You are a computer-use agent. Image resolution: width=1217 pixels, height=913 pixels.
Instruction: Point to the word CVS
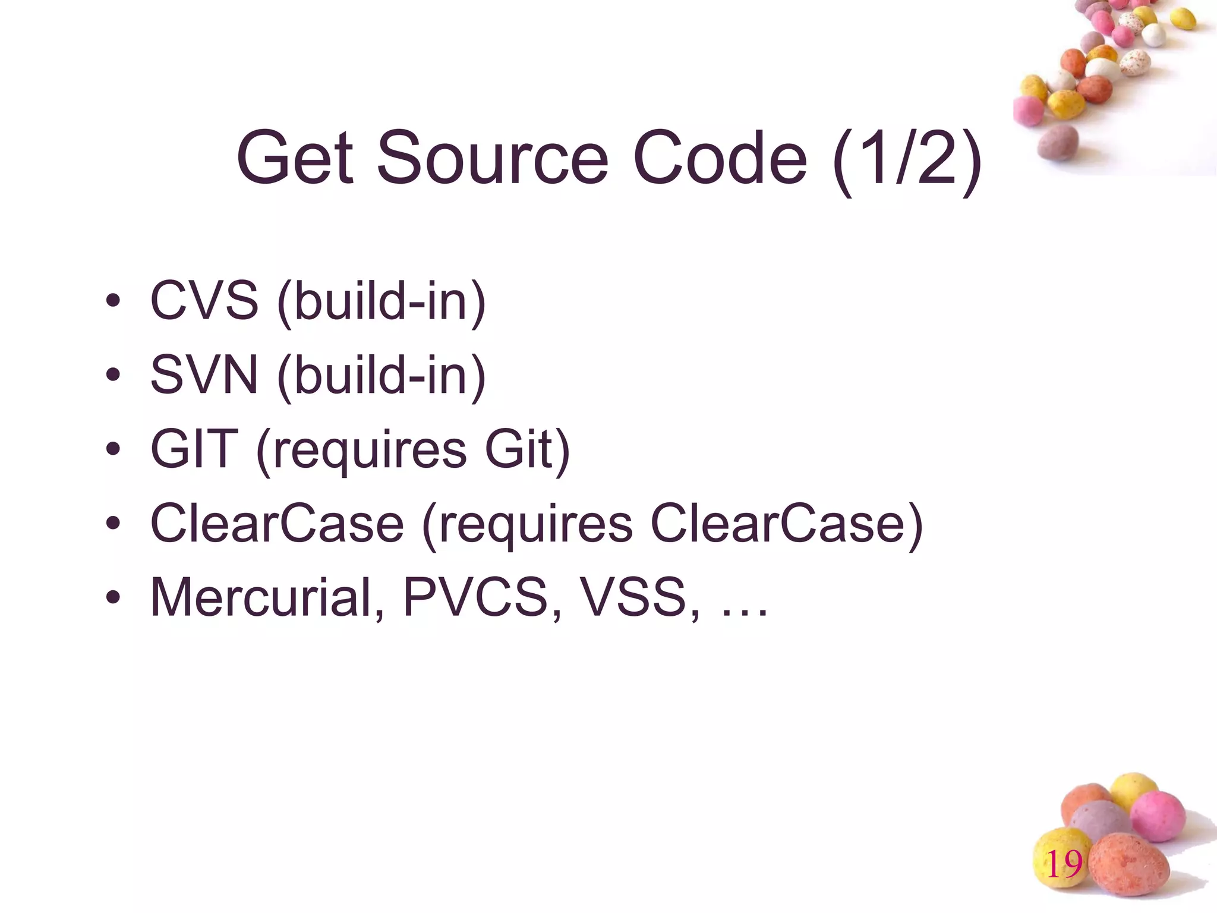point(204,301)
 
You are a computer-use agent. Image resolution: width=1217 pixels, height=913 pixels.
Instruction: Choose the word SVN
point(204,375)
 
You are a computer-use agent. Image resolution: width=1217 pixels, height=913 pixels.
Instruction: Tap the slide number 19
point(1064,864)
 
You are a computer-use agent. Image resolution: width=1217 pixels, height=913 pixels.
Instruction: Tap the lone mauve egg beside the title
point(1058,143)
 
